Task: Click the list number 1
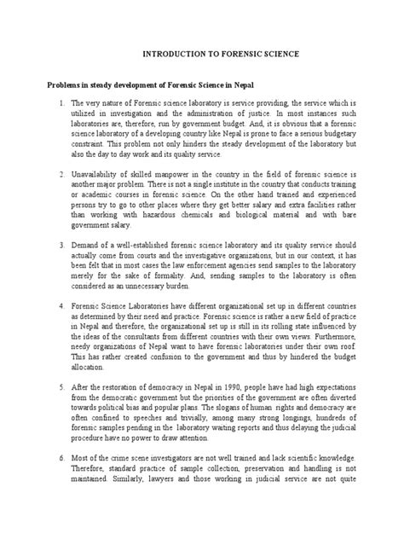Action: (x=52, y=103)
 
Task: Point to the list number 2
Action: (x=52, y=173)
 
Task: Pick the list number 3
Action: (x=52, y=244)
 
